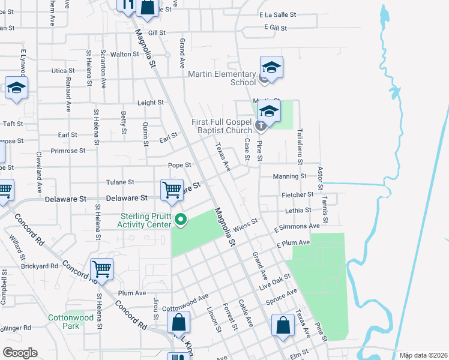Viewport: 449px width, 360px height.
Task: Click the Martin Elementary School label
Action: pyautogui.click(x=222, y=78)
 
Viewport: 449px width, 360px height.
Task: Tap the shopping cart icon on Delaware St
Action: pyautogui.click(x=172, y=190)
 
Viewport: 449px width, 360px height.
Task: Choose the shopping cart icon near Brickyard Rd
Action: pyautogui.click(x=101, y=269)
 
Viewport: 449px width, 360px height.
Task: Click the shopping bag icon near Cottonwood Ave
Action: pyautogui.click(x=179, y=323)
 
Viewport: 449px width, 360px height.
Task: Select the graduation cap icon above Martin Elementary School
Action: pyautogui.click(x=271, y=67)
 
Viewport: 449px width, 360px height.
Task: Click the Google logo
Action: pyautogui.click(x=20, y=352)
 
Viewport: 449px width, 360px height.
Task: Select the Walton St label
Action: pyautogui.click(x=125, y=54)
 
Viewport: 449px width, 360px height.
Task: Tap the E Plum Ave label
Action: pyautogui.click(x=293, y=243)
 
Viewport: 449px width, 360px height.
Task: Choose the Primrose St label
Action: pyautogui.click(x=68, y=151)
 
